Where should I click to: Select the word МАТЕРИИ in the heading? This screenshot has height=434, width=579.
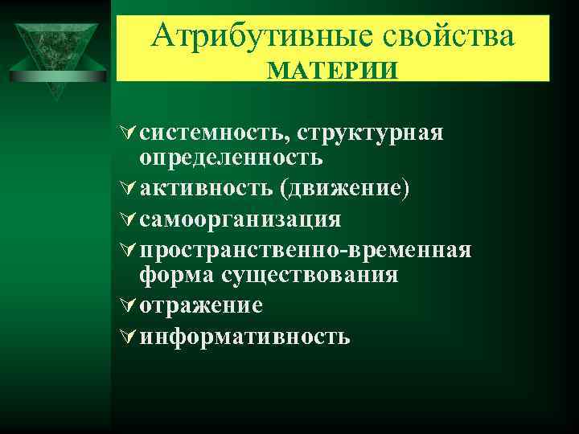coord(332,71)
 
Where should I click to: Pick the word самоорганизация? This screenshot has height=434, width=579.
coord(240,219)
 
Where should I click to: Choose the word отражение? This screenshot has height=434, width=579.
coord(201,305)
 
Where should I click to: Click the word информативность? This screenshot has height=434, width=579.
coord(244,336)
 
